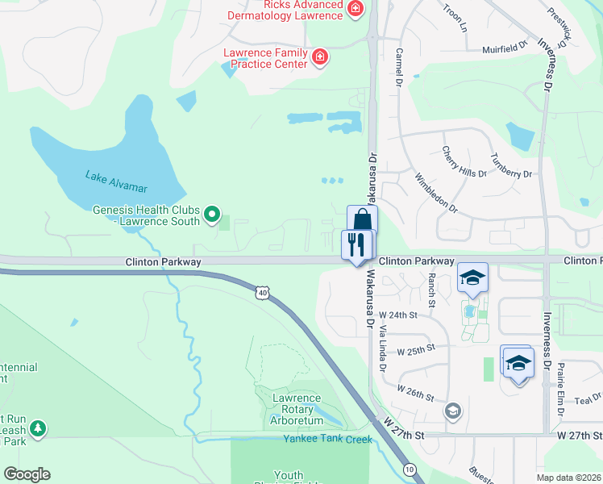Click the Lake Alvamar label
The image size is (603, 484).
[x=117, y=181]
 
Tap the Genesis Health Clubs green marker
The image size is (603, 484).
[x=212, y=214]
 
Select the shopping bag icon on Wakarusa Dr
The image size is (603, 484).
[x=363, y=219]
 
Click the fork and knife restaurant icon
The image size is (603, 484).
[x=357, y=243]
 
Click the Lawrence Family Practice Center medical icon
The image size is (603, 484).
[x=320, y=56]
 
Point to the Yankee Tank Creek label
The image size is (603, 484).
[x=327, y=440]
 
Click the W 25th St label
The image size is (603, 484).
[x=416, y=348]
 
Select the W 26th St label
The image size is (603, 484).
[x=416, y=398]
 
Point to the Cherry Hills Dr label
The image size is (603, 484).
[x=464, y=161]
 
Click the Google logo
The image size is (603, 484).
[x=27, y=474]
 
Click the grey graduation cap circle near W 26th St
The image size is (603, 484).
[x=453, y=411]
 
